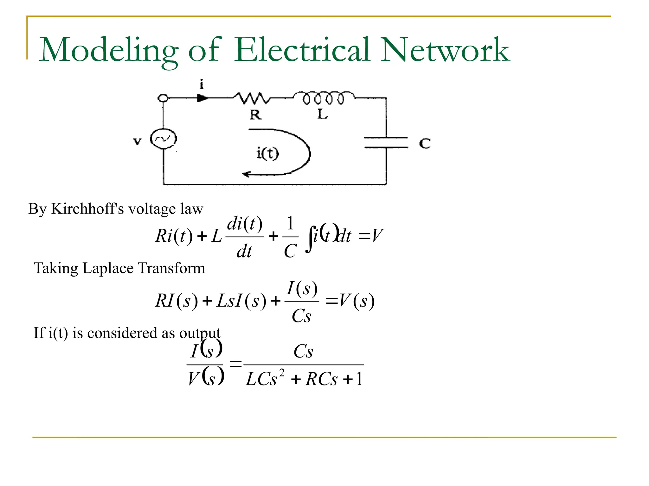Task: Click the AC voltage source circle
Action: point(163,139)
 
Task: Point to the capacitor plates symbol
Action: point(386,142)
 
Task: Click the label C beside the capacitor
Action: point(425,143)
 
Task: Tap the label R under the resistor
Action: point(255,115)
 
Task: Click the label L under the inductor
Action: point(322,114)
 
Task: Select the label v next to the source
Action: point(137,141)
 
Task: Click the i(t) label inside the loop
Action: point(267,153)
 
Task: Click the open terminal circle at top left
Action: point(163,98)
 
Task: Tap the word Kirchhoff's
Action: point(87,209)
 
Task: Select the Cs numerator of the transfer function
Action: point(303,351)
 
